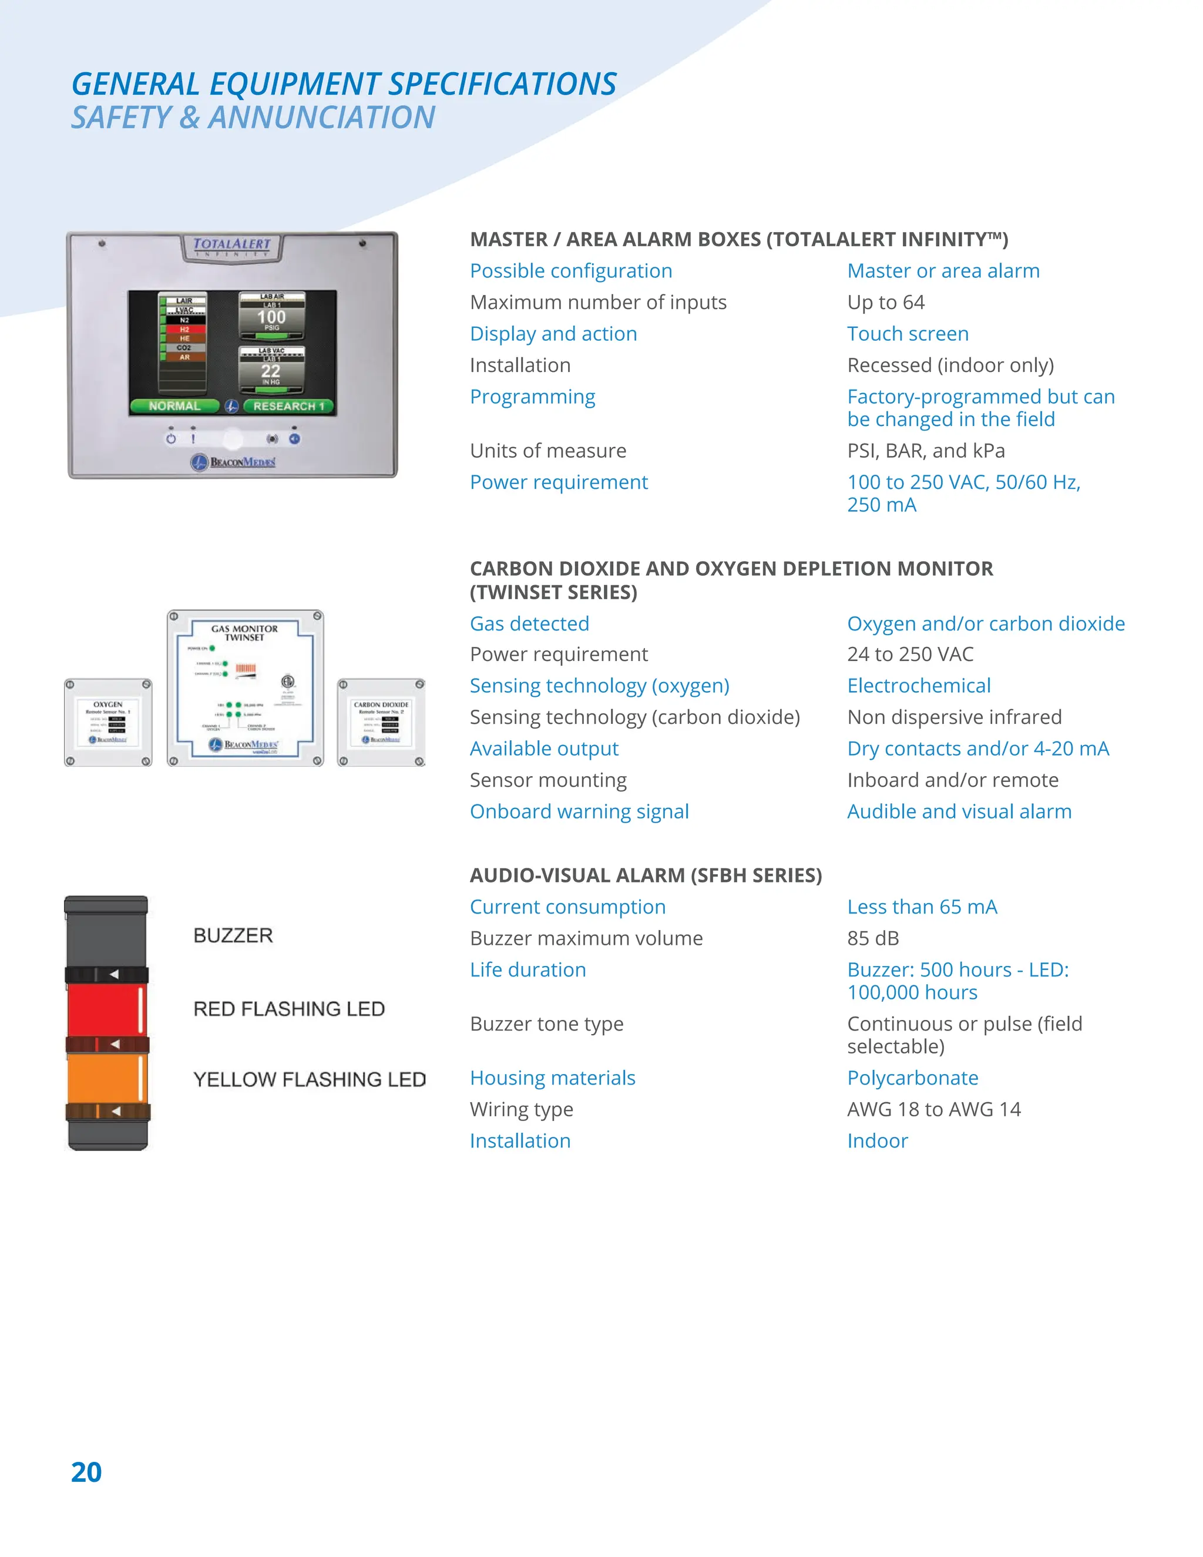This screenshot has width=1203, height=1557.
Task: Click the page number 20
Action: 86,1472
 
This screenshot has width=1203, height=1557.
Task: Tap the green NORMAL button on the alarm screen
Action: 174,405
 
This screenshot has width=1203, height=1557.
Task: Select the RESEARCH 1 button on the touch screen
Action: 288,405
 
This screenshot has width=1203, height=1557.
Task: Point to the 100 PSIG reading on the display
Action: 271,318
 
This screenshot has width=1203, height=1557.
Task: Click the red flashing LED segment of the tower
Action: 106,1009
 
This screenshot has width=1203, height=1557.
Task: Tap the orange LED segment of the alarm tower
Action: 106,1078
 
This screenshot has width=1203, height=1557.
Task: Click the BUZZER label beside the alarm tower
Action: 233,935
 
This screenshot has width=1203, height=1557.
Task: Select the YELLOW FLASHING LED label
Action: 310,1079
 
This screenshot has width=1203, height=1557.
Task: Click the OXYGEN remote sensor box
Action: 108,722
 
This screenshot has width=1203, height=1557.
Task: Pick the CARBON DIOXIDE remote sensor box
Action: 381,722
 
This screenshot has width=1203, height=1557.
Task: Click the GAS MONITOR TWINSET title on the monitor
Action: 244,633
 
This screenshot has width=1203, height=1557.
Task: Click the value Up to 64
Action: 886,302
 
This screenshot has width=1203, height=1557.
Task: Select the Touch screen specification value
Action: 908,334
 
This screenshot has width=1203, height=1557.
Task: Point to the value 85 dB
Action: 873,938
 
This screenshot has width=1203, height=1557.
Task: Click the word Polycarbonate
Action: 913,1078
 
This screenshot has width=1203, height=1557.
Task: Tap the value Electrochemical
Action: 919,686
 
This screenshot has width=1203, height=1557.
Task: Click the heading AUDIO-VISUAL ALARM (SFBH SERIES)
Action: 646,875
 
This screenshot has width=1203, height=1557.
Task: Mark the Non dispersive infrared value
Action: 955,717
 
